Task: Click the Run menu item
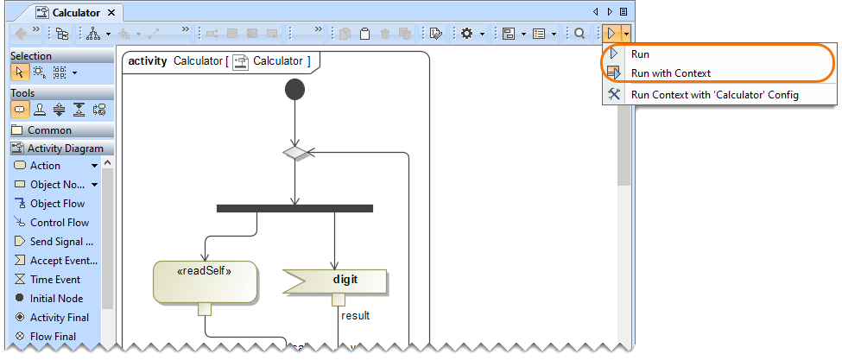(x=640, y=54)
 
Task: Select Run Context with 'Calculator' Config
(x=714, y=94)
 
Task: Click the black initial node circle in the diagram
(x=294, y=90)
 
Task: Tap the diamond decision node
(x=295, y=153)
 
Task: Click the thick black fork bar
(x=294, y=208)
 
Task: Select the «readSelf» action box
(x=205, y=281)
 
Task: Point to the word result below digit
(x=355, y=315)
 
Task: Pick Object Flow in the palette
(x=57, y=204)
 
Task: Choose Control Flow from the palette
(x=59, y=223)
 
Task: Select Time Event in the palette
(x=55, y=280)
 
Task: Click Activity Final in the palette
(x=59, y=318)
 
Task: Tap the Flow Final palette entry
(x=53, y=337)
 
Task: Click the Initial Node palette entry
(x=56, y=299)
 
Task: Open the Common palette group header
(x=49, y=130)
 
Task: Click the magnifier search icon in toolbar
(x=580, y=34)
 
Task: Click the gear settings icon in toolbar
(x=466, y=34)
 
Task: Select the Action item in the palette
(x=45, y=166)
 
